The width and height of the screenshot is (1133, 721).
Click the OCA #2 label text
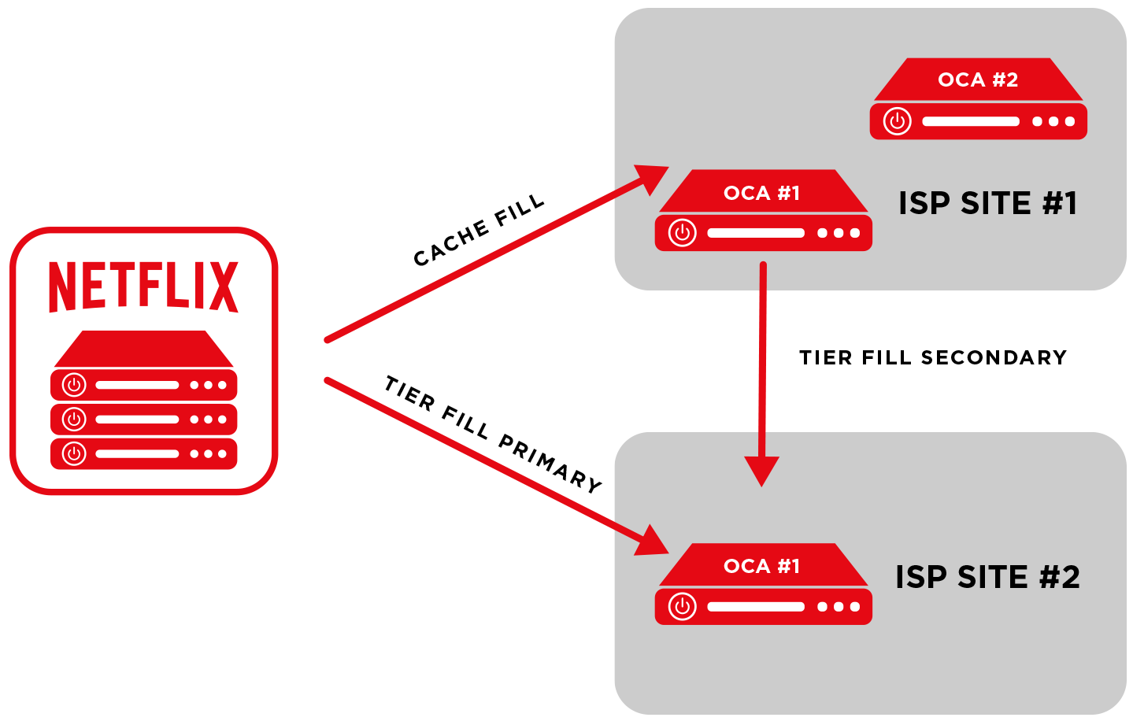(978, 79)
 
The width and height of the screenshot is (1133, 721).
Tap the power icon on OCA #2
(897, 121)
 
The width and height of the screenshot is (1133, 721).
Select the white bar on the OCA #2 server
(971, 121)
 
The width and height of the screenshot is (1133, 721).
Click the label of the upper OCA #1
(761, 193)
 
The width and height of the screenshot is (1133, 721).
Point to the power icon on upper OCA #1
(683, 233)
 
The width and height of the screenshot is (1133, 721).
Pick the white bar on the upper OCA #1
(756, 233)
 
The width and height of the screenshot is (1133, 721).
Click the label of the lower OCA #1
(761, 566)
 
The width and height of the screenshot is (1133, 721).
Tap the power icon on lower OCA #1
(683, 607)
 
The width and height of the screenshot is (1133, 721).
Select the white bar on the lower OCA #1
(756, 607)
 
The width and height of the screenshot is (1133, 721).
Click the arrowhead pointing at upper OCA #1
(653, 177)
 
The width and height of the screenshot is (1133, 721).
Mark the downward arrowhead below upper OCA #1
(761, 471)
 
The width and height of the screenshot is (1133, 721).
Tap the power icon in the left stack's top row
(74, 385)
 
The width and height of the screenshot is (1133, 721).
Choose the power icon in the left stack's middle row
(74, 420)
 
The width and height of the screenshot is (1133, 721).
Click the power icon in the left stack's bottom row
(74, 454)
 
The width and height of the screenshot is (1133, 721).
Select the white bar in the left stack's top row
(137, 385)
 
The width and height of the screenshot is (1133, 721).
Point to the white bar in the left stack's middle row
(137, 420)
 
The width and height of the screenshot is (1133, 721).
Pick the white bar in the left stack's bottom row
(137, 454)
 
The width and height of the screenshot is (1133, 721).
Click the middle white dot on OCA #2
(1053, 121)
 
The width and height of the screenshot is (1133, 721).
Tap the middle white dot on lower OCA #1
(839, 607)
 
